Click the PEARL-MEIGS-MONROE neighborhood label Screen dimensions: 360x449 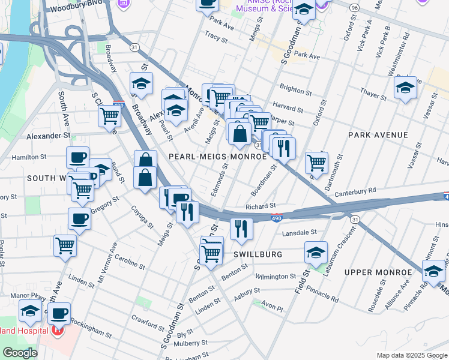click(x=217, y=156)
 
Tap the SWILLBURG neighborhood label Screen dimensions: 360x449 click(x=258, y=254)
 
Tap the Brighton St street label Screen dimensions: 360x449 click(x=295, y=90)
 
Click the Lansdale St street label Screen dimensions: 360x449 click(x=298, y=232)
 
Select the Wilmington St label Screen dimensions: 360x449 click(x=276, y=277)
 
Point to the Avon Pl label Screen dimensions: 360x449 click(x=271, y=307)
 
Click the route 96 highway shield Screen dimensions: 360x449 click(x=355, y=7)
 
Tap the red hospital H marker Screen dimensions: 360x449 click(x=58, y=329)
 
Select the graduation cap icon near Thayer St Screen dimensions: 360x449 click(x=405, y=88)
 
